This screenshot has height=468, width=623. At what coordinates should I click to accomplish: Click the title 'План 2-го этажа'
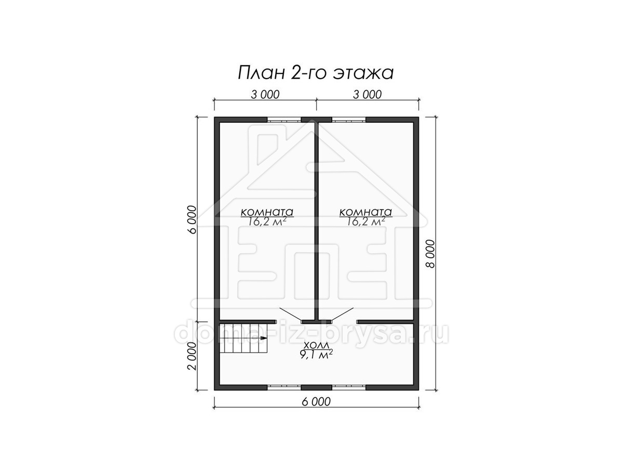[315, 73]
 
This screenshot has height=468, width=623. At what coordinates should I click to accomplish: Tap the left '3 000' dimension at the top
[265, 95]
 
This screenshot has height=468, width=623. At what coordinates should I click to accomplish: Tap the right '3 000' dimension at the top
[367, 95]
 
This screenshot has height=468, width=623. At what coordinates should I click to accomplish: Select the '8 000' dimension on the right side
[430, 253]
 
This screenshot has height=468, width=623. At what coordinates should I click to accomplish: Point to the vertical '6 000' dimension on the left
[192, 219]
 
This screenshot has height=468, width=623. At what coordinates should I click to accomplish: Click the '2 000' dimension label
[192, 356]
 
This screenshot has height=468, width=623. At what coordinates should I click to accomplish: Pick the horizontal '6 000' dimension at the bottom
[316, 401]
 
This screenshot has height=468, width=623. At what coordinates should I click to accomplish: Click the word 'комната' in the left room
[267, 212]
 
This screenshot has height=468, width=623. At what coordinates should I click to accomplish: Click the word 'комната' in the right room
[365, 212]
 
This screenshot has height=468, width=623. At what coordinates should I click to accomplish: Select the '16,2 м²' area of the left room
[267, 222]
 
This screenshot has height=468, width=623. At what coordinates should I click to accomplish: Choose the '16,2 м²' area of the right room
[365, 222]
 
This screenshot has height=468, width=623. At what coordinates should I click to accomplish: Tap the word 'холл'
[316, 345]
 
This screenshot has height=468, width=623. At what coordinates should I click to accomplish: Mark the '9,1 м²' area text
[316, 354]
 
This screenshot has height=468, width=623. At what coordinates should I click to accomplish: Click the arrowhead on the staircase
[264, 338]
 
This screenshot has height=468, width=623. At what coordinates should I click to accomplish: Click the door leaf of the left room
[290, 315]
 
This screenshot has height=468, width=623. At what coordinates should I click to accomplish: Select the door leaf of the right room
[342, 315]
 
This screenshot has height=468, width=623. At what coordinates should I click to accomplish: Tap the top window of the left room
[284, 120]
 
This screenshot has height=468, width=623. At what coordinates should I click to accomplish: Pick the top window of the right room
[349, 120]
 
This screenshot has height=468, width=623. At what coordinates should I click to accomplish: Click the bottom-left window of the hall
[284, 387]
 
